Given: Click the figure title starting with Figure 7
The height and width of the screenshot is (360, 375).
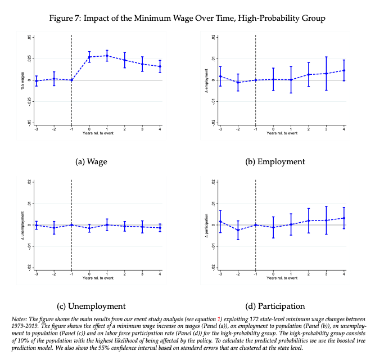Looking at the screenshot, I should (x=187, y=19).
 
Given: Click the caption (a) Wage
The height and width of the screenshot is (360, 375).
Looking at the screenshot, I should (x=91, y=161).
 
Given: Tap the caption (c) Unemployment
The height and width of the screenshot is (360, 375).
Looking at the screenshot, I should (x=91, y=306).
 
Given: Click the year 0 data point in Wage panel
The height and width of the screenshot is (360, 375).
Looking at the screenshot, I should (x=89, y=57).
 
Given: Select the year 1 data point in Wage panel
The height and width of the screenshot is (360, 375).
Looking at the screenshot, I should (x=107, y=56).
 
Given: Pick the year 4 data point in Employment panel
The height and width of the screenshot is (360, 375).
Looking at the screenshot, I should (x=344, y=70).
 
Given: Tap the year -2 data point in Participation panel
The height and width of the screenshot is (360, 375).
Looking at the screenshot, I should (x=238, y=230).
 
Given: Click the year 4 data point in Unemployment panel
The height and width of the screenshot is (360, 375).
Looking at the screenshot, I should (x=160, y=228).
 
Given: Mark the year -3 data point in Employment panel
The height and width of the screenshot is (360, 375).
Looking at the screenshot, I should (x=220, y=76).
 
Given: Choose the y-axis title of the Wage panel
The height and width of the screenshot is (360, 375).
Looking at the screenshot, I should (x=22, y=79).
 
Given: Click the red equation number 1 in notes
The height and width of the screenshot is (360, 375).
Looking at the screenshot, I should (x=220, y=319).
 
